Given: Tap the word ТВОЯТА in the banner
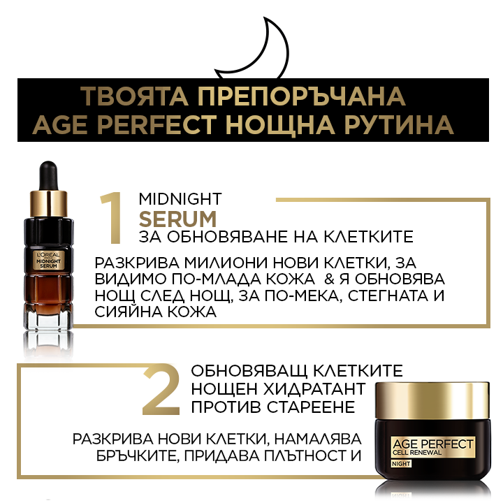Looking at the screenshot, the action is click(134, 96).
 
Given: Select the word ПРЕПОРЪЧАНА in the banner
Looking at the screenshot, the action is click(302, 96).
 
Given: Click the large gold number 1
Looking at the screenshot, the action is click(112, 218).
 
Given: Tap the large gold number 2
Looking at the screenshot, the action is click(161, 389).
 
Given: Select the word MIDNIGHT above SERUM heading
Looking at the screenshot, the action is click(180, 199).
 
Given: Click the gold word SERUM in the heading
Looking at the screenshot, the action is click(177, 219).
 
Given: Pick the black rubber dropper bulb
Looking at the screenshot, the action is click(48, 175).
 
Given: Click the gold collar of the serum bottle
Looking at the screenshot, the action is click(48, 204).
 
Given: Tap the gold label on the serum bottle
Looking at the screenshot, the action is click(48, 260).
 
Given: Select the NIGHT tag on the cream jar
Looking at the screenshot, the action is click(401, 464).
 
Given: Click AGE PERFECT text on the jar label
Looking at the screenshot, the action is click(432, 444).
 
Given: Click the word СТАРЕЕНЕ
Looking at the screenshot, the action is click(311, 407).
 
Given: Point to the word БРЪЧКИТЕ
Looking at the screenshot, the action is click(138, 455).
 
